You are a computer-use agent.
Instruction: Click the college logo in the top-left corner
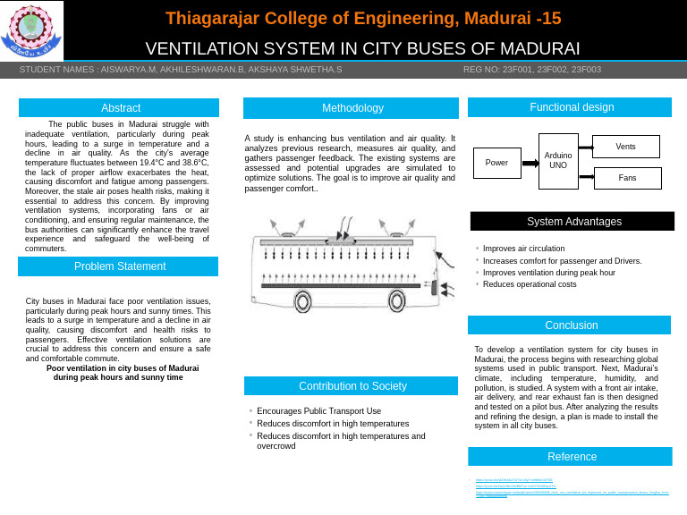click(32, 30)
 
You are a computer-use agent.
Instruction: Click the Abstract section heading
click(120, 108)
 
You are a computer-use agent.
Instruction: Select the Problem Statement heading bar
click(120, 266)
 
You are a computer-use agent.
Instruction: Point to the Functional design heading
click(572, 107)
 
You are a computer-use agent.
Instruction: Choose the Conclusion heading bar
click(571, 325)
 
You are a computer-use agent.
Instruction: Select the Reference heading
click(571, 457)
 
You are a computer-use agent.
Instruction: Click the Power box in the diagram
click(496, 163)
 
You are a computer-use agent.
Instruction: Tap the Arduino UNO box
click(557, 161)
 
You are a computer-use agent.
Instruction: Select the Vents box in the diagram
click(626, 146)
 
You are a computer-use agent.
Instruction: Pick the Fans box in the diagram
click(627, 178)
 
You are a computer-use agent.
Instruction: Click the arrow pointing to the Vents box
click(585, 147)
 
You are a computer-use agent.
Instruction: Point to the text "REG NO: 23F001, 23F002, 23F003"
click(531, 70)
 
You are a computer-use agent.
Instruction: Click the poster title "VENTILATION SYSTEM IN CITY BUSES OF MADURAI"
click(362, 48)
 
